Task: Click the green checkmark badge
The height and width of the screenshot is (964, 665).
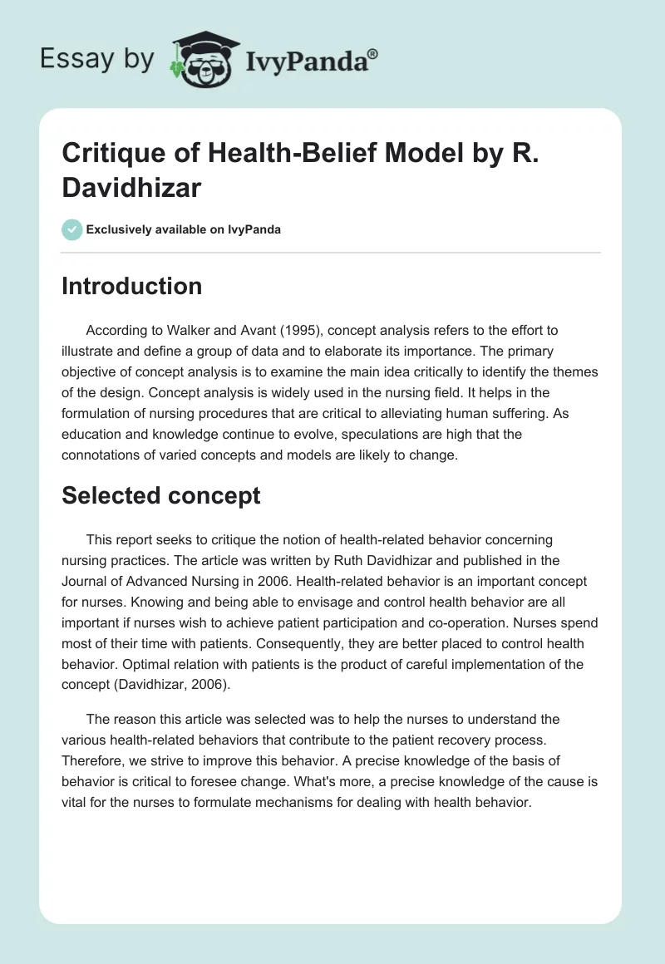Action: (x=72, y=229)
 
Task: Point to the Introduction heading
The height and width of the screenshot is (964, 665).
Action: (x=131, y=286)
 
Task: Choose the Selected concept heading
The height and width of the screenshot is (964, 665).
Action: (x=160, y=496)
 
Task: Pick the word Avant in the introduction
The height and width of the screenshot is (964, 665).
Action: (x=223, y=329)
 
